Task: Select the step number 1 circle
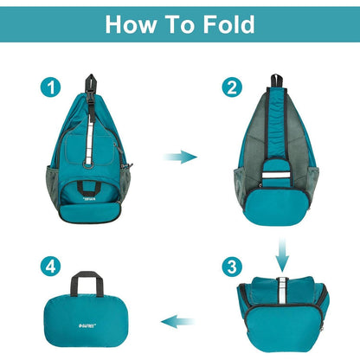pos(52,87)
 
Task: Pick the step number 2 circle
pos(230,87)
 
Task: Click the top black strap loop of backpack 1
pos(90,87)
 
